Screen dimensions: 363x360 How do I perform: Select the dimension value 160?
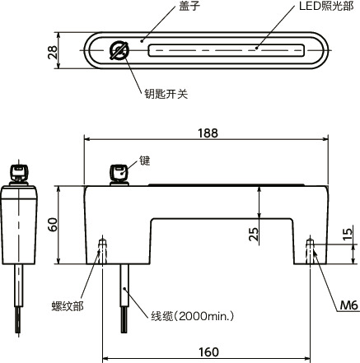pos(208,351)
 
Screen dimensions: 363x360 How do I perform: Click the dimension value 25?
pos(254,234)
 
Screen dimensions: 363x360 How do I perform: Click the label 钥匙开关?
pos(166,95)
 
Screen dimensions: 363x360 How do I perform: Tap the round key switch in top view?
pos(119,52)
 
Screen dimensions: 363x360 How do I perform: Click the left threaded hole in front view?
pos(102,249)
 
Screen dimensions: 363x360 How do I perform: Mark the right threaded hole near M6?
pos(311,249)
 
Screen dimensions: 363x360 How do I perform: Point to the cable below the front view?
pos(125,296)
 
